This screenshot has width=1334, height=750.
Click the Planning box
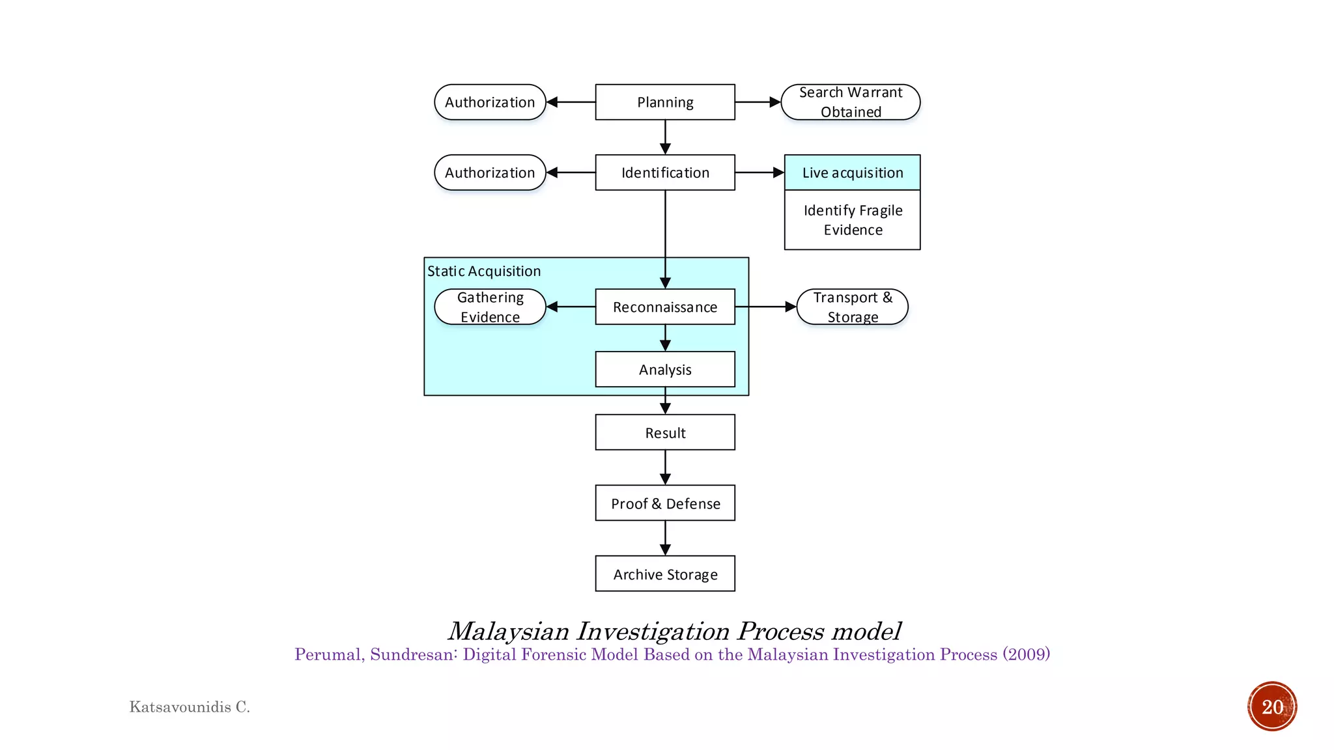[665, 102]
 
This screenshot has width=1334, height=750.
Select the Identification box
[665, 173]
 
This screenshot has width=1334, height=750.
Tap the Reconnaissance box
[665, 307]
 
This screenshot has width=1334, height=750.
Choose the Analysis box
[665, 369]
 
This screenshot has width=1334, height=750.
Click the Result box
[665, 432]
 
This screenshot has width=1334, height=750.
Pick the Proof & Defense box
[665, 503]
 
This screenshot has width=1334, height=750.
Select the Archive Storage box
[665, 574]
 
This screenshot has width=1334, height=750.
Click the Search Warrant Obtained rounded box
[850, 102]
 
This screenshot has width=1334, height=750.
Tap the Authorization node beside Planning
[490, 102]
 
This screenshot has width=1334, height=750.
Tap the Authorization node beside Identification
[490, 173]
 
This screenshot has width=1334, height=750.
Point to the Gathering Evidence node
[490, 307]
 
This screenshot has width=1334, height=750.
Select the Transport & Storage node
[852, 307]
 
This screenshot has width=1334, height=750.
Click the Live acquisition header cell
[852, 173]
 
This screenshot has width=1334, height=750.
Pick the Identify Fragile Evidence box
[852, 220]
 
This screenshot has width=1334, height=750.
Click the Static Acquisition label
[484, 271]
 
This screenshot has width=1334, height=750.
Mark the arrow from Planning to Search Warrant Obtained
[758, 102]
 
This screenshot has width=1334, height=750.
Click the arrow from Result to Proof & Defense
[665, 467]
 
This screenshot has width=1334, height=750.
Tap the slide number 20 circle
[1272, 706]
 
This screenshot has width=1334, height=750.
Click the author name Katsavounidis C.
[190, 706]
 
